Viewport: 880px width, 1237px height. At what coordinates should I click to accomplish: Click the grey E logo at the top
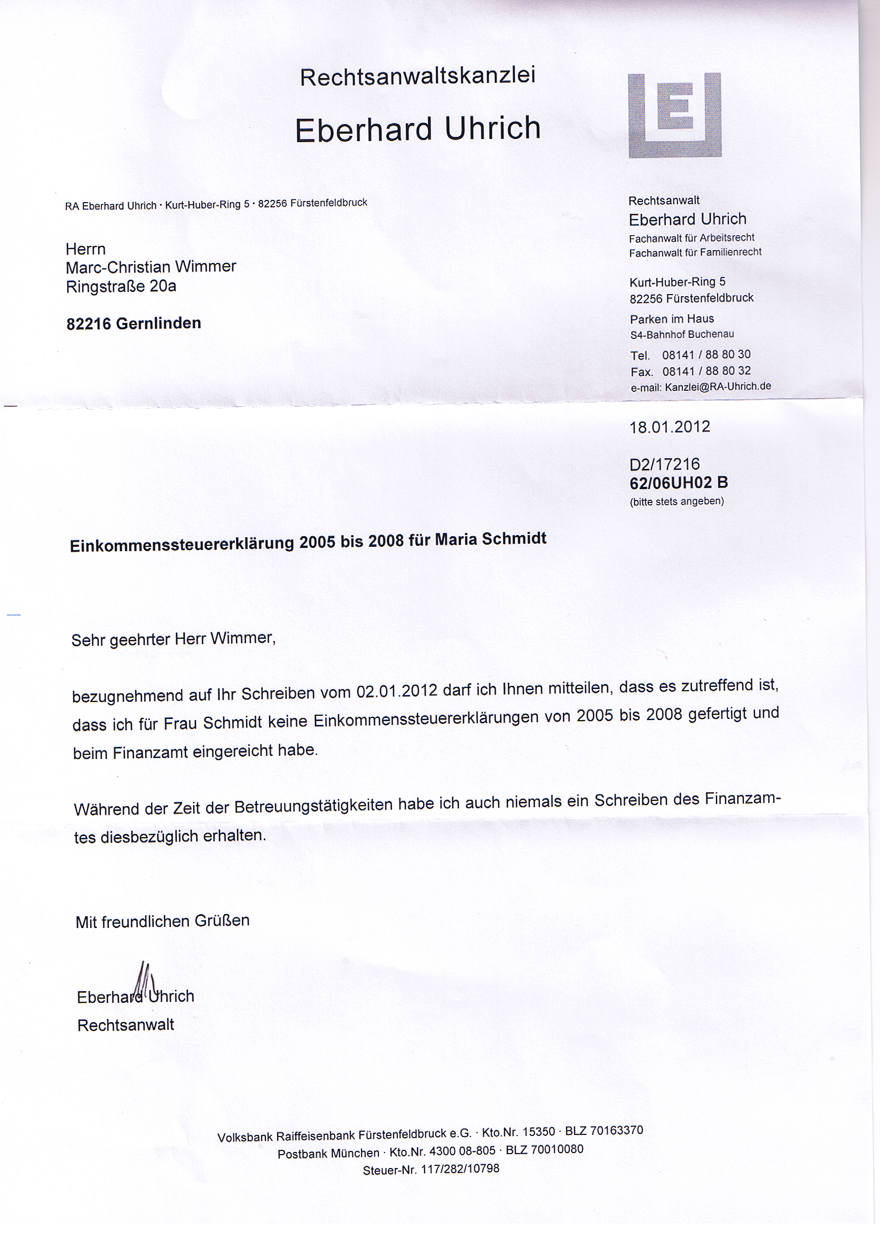[x=674, y=115]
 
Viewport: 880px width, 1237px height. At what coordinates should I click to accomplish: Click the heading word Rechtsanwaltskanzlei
[x=417, y=76]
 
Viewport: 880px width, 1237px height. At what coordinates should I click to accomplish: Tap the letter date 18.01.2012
[x=669, y=427]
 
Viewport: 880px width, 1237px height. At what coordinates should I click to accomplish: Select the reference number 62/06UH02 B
[x=679, y=483]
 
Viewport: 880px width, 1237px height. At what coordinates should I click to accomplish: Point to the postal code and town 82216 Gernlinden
[x=134, y=324]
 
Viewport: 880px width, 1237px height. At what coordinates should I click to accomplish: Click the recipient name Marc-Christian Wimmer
[x=151, y=267]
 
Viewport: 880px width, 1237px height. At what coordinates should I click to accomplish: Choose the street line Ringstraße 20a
[x=121, y=287]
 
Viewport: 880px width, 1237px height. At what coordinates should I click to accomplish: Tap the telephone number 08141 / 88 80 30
[x=706, y=354]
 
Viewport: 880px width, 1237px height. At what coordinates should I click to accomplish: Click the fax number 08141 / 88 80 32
[x=706, y=371]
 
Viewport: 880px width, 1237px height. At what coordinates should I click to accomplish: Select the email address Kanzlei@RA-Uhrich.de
[x=718, y=386]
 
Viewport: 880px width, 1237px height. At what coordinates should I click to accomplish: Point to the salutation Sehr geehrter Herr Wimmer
[x=174, y=639]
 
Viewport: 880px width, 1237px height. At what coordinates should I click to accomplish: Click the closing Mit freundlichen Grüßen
[x=162, y=922]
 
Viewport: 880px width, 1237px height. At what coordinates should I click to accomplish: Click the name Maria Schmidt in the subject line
[x=490, y=539]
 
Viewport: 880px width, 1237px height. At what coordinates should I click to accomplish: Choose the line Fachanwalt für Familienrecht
[x=695, y=252]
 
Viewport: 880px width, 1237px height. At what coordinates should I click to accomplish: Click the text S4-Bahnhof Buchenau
[x=682, y=335]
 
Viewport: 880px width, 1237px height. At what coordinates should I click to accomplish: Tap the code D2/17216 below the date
[x=664, y=464]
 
